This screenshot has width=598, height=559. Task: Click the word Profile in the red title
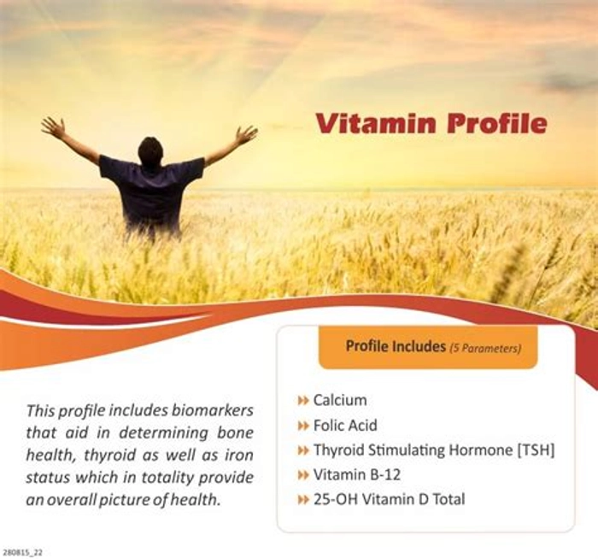tap(497, 122)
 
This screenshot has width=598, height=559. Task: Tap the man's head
tap(150, 151)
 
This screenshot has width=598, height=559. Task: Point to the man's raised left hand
tap(53, 127)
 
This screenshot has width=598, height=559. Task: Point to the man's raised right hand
tap(247, 135)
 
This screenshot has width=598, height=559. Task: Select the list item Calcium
tap(340, 400)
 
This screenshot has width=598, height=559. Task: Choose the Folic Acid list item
tap(345, 425)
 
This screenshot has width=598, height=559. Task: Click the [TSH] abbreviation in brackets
tap(535, 450)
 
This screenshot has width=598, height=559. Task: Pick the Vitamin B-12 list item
tap(357, 474)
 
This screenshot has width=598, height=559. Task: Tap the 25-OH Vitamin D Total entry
tap(389, 499)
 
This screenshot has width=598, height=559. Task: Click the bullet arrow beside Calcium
tap(302, 401)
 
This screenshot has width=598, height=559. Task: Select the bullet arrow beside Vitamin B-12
tap(302, 475)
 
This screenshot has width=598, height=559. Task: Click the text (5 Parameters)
tap(485, 348)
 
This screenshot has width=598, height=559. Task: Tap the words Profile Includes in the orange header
tap(396, 346)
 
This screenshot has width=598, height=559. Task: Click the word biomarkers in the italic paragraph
tap(212, 410)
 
